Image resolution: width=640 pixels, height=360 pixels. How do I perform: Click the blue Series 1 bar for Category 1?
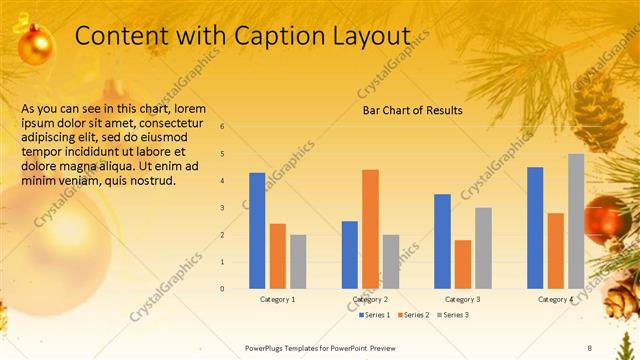257,231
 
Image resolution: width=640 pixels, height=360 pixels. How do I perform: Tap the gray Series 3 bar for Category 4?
576,221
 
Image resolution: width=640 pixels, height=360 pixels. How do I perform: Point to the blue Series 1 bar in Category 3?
442,241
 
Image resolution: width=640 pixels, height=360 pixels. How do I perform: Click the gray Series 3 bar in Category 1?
298,261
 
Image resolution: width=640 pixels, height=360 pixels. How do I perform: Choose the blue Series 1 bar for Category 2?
349,255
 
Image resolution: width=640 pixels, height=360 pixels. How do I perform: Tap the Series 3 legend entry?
453,315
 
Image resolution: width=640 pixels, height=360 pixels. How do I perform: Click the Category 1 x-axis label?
277,299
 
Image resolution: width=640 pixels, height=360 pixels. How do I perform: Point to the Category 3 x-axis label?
462,299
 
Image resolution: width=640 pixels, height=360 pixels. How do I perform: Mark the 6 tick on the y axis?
236,127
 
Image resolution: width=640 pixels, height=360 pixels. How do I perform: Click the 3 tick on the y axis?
236,208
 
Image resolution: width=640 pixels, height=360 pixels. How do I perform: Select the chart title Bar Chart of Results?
412,110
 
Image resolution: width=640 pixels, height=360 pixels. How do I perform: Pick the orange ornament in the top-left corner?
36,45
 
